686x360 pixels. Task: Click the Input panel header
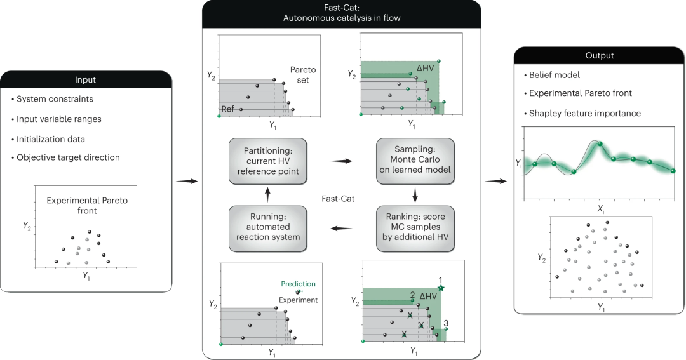(86, 80)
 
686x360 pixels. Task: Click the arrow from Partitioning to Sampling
(341, 161)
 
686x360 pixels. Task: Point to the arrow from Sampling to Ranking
(415, 194)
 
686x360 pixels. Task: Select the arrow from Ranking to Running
(341, 229)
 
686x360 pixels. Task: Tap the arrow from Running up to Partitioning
(267, 194)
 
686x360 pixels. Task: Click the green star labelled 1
(441, 289)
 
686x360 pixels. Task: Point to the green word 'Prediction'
(298, 284)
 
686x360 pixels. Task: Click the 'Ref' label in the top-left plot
(228, 109)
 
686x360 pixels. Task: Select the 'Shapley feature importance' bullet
(584, 114)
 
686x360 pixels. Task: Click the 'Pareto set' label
(299, 74)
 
